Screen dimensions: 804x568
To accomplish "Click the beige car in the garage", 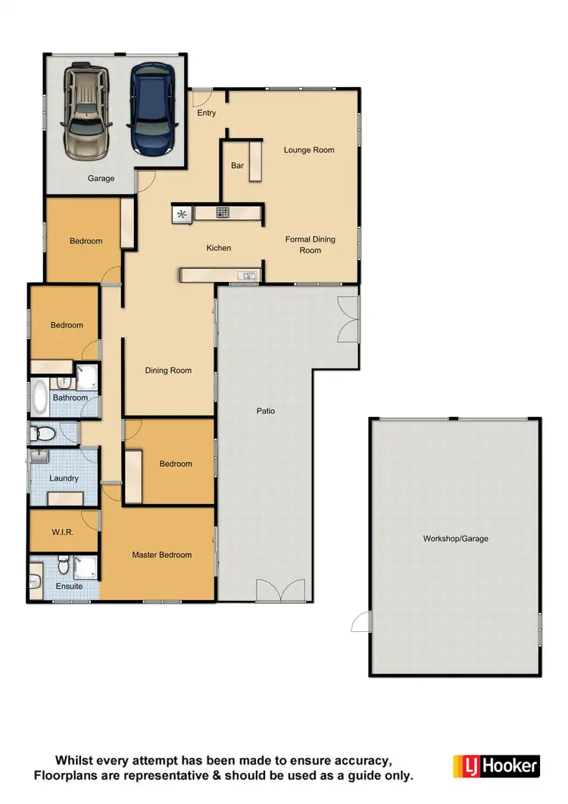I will click(x=88, y=111).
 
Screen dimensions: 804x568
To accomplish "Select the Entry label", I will click(x=207, y=113).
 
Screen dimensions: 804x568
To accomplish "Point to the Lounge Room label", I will click(x=309, y=150).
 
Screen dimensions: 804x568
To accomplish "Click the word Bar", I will click(x=237, y=165).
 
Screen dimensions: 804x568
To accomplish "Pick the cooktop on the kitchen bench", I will click(x=223, y=213).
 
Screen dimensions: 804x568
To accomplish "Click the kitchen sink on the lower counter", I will click(x=247, y=276).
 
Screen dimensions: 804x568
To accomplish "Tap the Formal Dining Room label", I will click(x=310, y=245).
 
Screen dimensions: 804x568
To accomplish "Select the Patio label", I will click(x=265, y=411).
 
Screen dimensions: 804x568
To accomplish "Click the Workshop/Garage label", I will click(x=455, y=539).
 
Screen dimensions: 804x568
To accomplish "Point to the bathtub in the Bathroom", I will click(x=39, y=396).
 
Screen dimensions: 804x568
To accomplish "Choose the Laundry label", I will click(x=64, y=478).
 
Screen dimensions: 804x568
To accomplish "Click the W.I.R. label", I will click(x=63, y=533).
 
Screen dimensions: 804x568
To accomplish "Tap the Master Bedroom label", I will click(x=161, y=555).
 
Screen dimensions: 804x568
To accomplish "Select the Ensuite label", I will click(x=69, y=586).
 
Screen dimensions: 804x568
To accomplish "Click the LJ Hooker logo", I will click(x=496, y=766).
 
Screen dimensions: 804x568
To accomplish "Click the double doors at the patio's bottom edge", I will click(x=282, y=591).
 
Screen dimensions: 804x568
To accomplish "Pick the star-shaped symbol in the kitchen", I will click(x=182, y=214).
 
